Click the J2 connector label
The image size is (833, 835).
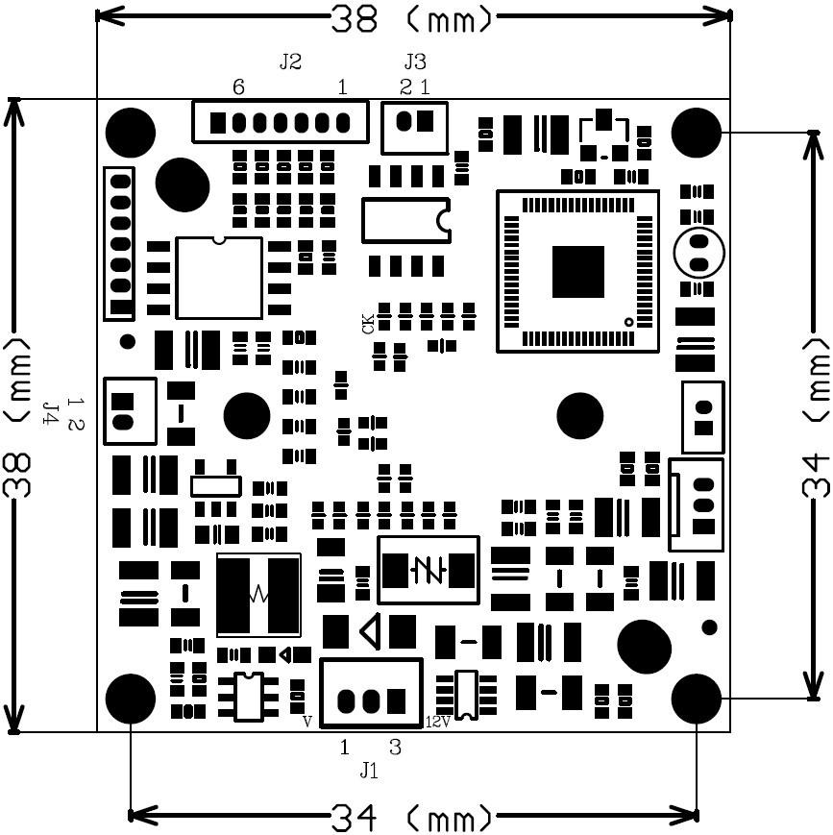(x=290, y=62)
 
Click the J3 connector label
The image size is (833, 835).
(x=415, y=62)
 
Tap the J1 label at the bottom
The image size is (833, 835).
(x=369, y=771)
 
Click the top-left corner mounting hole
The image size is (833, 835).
(x=131, y=133)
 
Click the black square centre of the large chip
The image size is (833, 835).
(x=577, y=271)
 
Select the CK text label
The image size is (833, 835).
(x=369, y=324)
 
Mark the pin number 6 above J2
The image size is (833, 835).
(x=239, y=87)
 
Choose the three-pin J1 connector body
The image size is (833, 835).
(x=371, y=692)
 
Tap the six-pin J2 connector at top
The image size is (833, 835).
(x=280, y=122)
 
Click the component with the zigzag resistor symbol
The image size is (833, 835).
(x=257, y=595)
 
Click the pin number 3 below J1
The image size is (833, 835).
(x=395, y=746)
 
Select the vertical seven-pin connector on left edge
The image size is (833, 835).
(x=120, y=243)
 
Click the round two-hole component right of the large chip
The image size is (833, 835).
(x=698, y=252)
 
